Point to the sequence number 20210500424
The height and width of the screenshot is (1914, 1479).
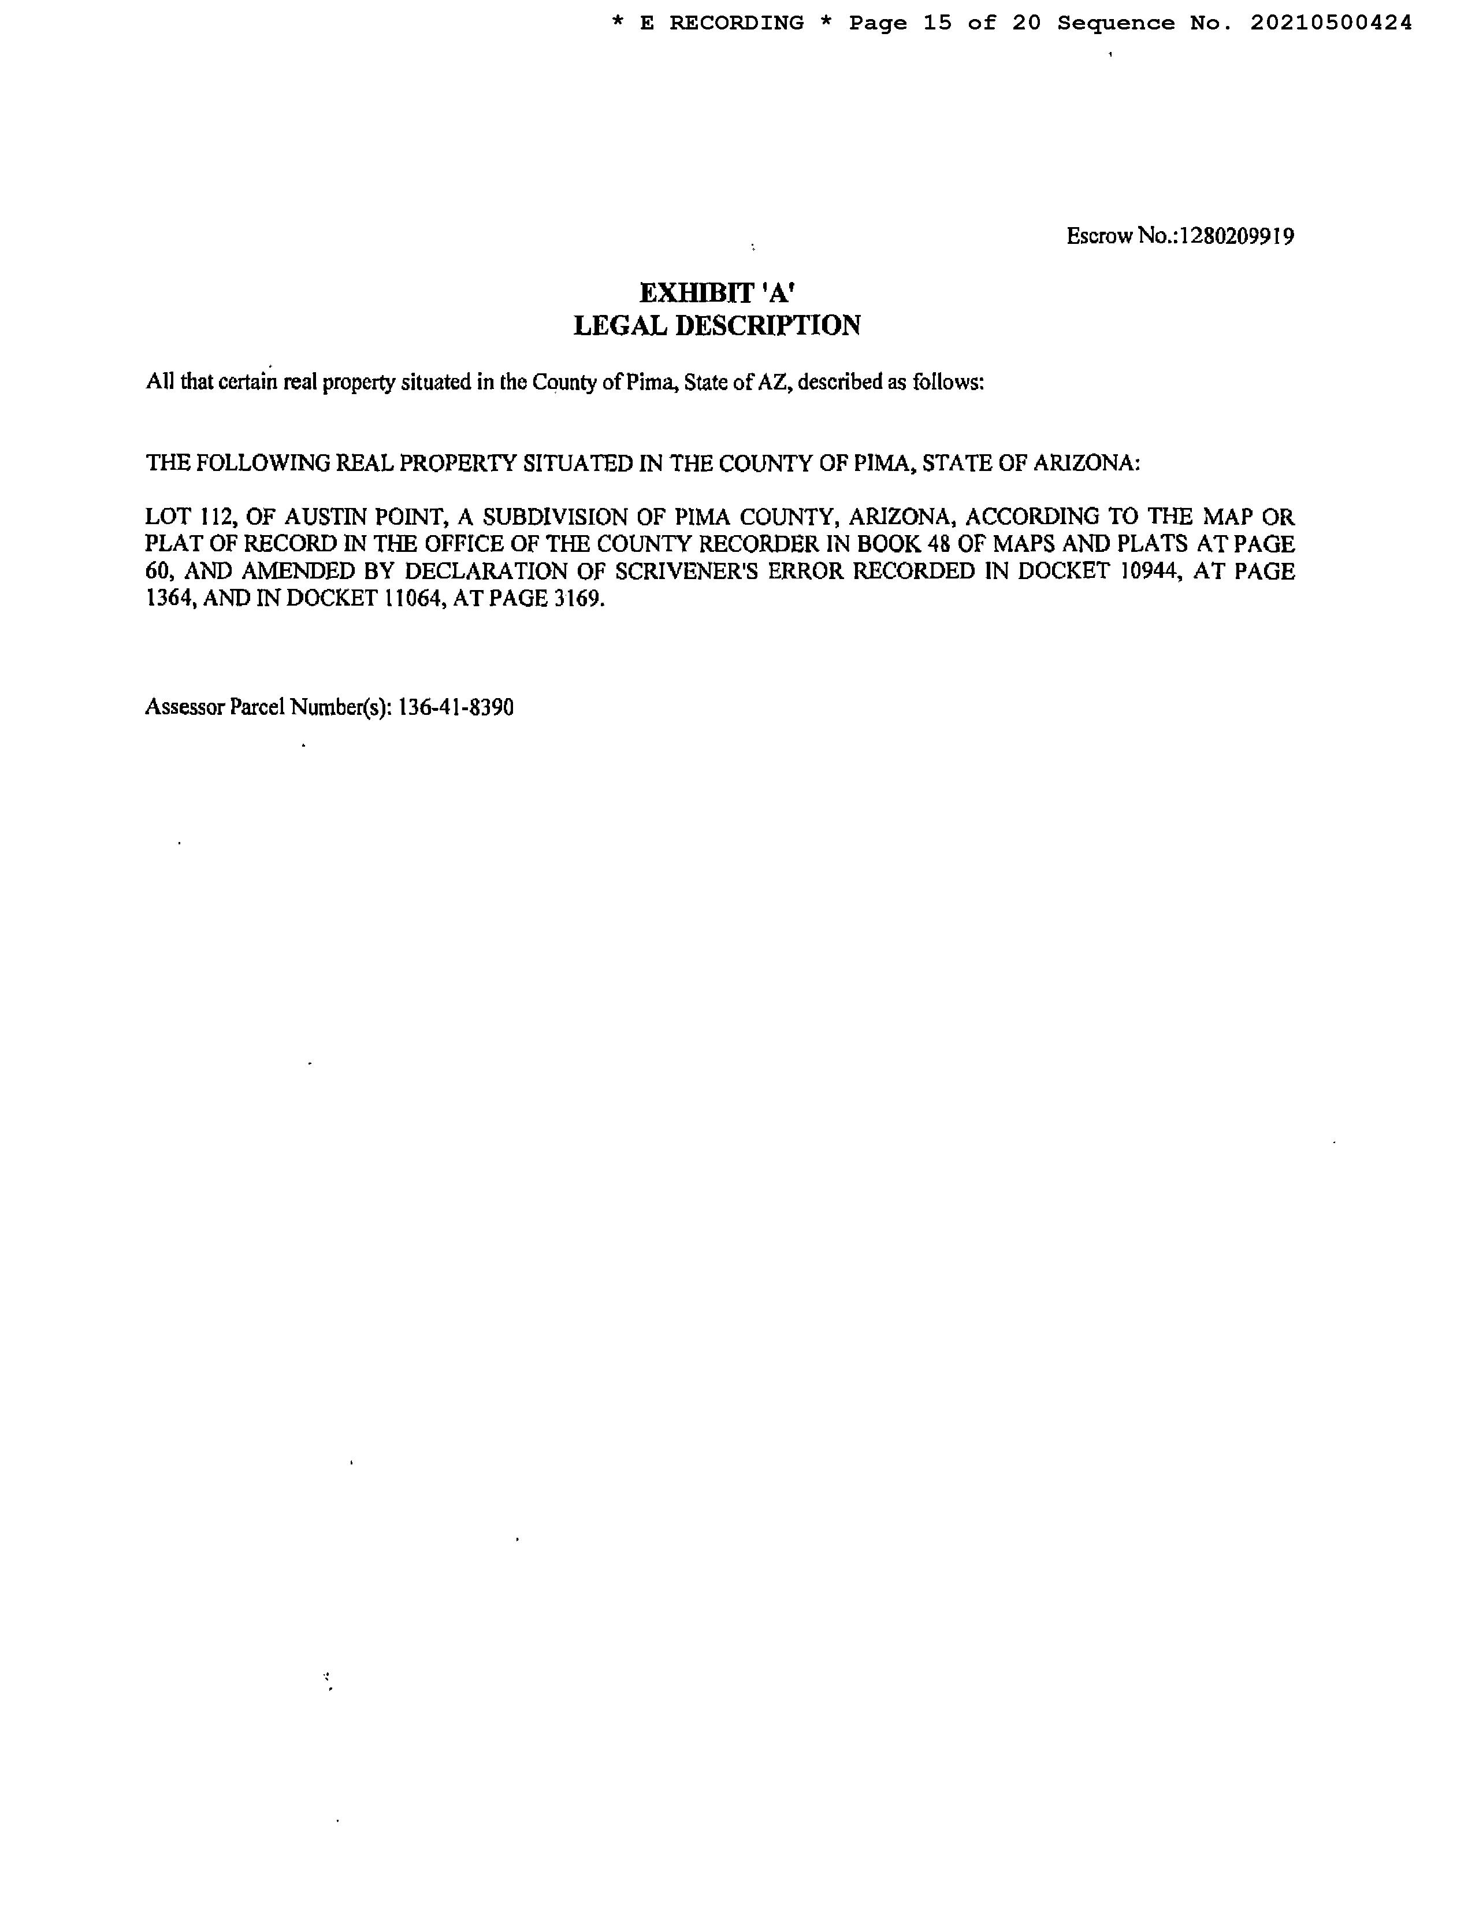[x=1331, y=24]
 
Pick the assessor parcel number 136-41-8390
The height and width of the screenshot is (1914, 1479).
[x=456, y=707]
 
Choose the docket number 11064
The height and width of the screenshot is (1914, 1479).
[x=412, y=599]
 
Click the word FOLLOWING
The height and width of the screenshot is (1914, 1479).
[x=263, y=463]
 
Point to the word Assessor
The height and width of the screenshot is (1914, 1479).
[x=184, y=707]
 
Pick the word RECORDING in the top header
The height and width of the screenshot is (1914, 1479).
[x=736, y=24]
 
